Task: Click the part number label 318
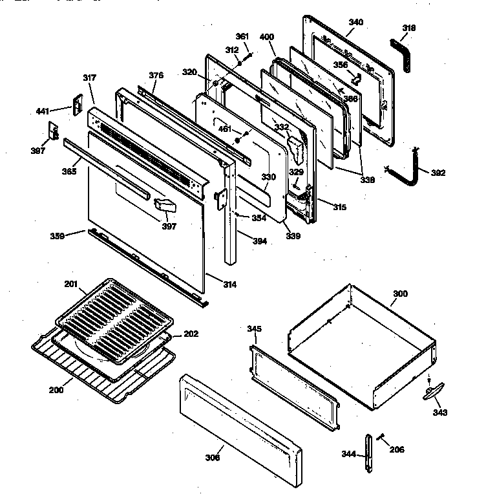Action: (408, 28)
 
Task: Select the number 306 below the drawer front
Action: (213, 458)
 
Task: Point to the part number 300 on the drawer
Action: (400, 294)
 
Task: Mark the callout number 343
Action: (440, 412)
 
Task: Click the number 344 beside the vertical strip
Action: (348, 455)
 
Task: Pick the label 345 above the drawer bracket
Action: (254, 329)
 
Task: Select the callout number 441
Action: (42, 112)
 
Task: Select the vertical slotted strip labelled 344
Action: (369, 453)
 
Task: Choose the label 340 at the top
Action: (355, 22)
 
